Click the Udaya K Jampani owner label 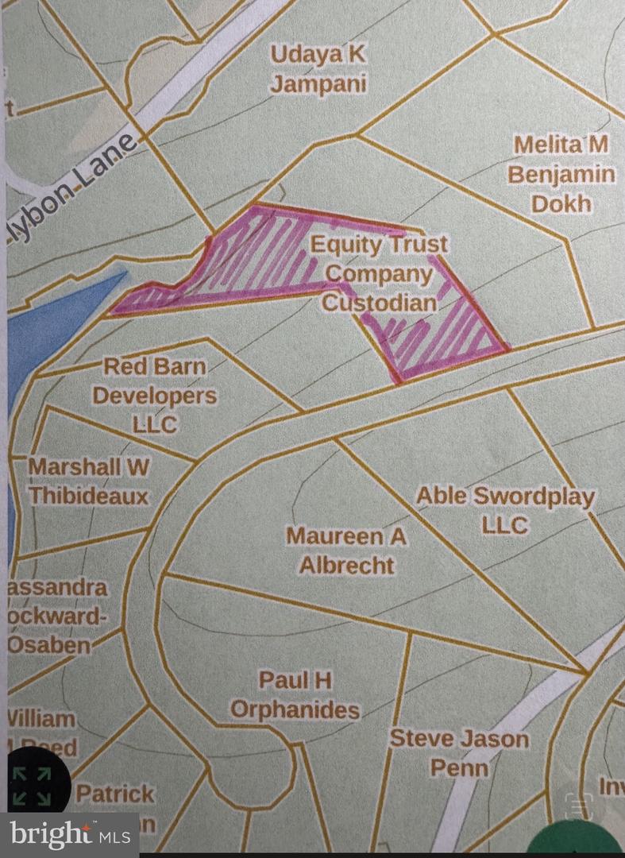coord(318,68)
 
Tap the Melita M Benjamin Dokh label coord(561,174)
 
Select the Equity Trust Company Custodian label coord(379,272)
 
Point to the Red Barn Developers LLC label coord(155,395)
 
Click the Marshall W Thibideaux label coord(89,481)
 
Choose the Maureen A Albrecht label coord(346,550)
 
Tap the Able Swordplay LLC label coord(505,510)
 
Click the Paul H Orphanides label coord(295,694)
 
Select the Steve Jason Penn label coord(459,752)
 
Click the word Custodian coord(379,302)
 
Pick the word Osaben coord(49,644)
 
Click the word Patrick coord(115,793)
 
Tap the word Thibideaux coord(89,496)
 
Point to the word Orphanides coord(295,709)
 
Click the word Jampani coord(318,83)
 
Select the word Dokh coord(561,203)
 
